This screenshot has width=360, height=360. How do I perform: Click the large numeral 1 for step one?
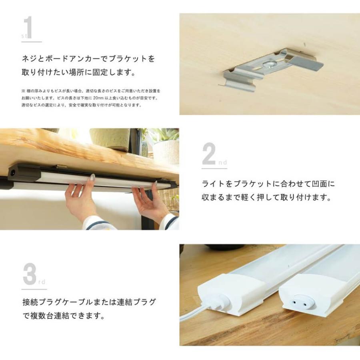click(28, 28)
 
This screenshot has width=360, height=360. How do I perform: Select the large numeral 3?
click(29, 275)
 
